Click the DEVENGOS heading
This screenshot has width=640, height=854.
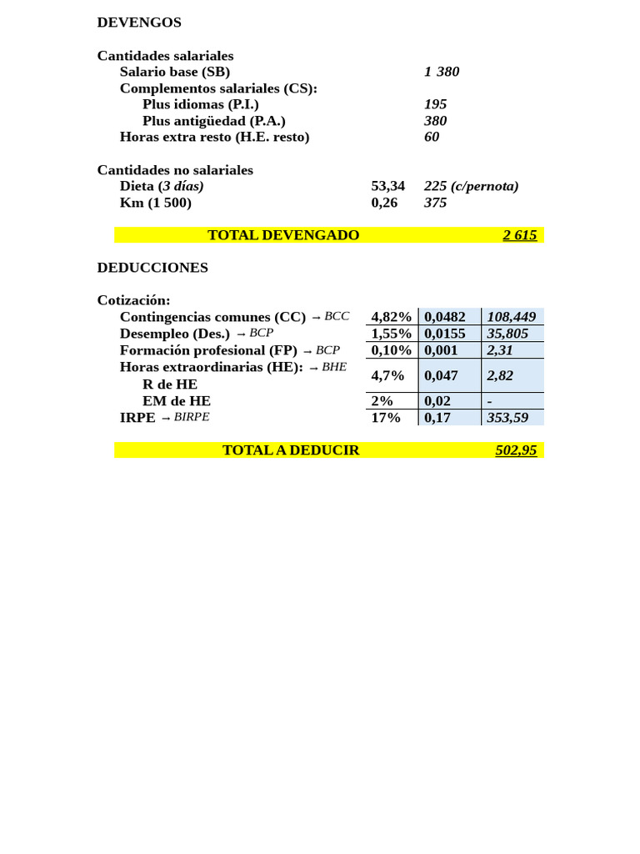139,23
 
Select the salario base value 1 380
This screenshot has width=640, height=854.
442,72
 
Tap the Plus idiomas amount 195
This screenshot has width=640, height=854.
435,104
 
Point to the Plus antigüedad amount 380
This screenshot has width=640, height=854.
435,121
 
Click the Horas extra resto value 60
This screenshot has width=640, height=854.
432,137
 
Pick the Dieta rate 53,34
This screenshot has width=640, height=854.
387,186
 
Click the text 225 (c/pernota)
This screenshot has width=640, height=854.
471,186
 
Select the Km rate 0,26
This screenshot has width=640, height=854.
384,203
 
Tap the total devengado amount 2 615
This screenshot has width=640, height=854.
519,235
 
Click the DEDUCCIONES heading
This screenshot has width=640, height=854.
152,268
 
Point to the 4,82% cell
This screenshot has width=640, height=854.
391,317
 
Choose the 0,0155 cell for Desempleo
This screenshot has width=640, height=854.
445,334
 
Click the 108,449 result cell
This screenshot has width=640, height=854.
511,317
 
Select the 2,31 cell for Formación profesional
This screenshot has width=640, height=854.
500,350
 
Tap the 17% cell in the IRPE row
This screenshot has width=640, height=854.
386,418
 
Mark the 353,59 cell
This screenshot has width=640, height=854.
507,418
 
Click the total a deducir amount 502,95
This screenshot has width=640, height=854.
516,450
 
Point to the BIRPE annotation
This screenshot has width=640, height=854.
192,417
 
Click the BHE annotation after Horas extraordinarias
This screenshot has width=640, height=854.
334,367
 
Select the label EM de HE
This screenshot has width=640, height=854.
177,401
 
